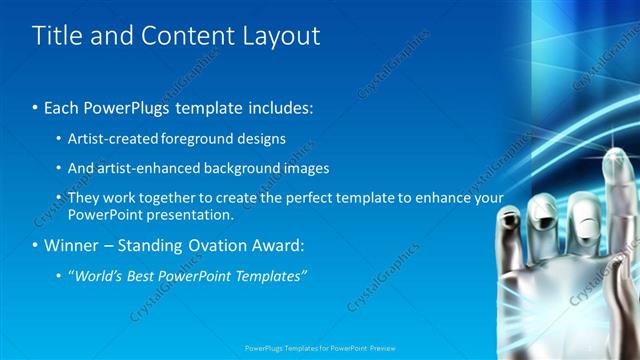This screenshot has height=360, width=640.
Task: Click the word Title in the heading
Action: click(x=57, y=36)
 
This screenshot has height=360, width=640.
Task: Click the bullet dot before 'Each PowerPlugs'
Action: click(x=36, y=105)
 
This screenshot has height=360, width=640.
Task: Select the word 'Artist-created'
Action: click(x=111, y=138)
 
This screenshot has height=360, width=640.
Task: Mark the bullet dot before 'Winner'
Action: click(x=36, y=245)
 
